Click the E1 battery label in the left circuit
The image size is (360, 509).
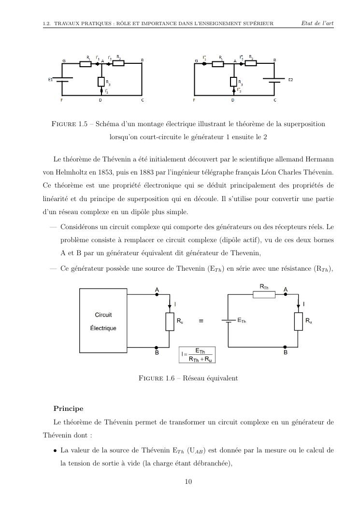click(50, 79)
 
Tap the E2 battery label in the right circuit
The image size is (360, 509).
click(290, 79)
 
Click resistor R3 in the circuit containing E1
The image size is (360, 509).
click(101, 82)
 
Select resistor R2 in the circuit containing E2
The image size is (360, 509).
click(251, 62)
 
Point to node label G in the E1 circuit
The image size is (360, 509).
click(64, 60)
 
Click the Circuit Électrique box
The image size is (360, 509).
click(103, 321)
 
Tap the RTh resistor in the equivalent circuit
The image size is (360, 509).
click(264, 294)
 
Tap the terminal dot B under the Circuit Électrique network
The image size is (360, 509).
click(156, 347)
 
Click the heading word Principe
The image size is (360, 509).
click(68, 408)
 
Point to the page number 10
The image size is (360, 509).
click(189, 481)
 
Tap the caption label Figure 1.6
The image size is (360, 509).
click(156, 378)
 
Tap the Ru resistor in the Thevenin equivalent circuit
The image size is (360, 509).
click(299, 321)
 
